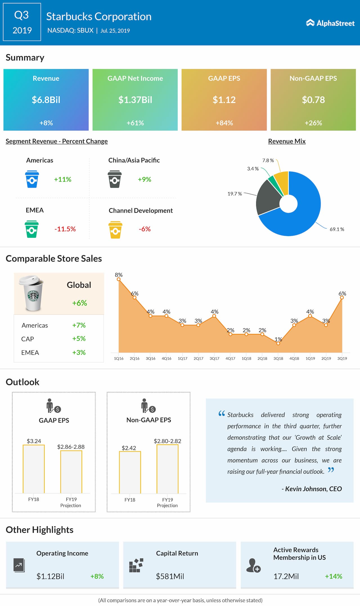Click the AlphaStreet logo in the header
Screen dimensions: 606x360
[x=330, y=23]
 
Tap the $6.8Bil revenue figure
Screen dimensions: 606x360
[x=46, y=100]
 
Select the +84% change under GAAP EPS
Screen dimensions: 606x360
[x=224, y=123]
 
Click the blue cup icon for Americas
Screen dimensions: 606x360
[x=32, y=179]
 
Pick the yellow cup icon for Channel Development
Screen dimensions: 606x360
[x=115, y=230]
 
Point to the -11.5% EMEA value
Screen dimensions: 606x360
[x=65, y=229]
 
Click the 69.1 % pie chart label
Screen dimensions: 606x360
[x=337, y=229]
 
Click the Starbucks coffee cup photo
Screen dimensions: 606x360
[x=32, y=293]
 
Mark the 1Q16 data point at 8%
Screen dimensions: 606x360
[x=119, y=279]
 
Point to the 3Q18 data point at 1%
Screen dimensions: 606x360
[x=278, y=343]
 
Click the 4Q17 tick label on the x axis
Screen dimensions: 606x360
[x=230, y=359]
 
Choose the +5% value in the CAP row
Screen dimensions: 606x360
[x=79, y=339]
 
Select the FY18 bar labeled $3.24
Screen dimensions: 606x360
[x=34, y=469]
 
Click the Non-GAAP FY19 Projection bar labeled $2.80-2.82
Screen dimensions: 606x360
[x=168, y=469]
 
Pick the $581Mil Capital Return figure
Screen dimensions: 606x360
[x=170, y=576]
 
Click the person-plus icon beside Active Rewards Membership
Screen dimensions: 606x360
[x=253, y=566]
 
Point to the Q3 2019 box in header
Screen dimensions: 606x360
[x=22, y=22]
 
